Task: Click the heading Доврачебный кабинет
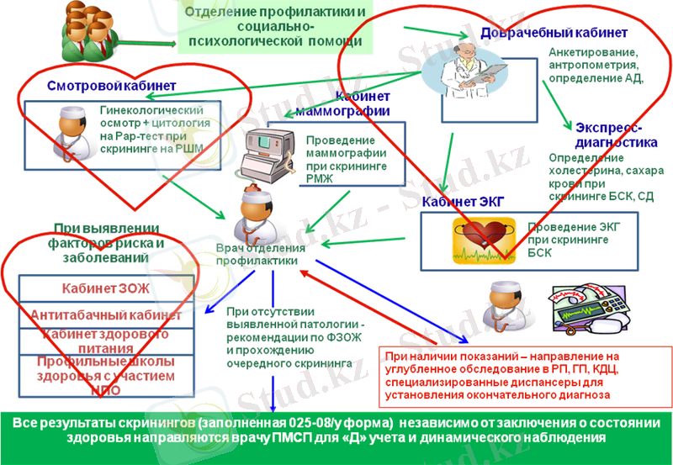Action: (553, 33)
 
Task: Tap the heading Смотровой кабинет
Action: (112, 85)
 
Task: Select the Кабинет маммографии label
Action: (363, 103)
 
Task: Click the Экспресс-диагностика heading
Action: (609, 135)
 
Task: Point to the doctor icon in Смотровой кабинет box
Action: (68, 130)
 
